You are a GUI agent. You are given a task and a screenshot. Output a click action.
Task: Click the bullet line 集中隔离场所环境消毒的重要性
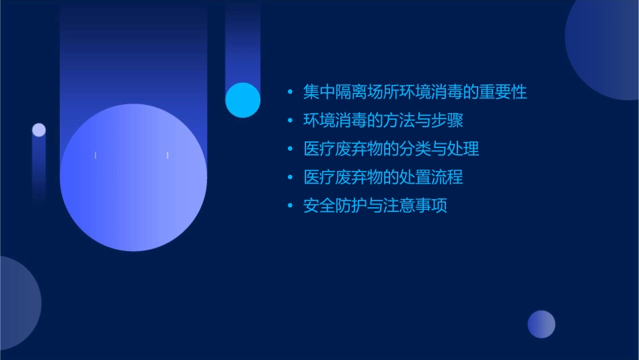point(415,92)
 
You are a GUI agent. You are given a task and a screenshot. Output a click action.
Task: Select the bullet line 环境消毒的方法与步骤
point(383,120)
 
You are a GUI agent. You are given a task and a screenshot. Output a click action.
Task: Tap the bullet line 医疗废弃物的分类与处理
point(391,149)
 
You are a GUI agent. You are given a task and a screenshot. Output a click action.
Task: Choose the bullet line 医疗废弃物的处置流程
point(383,177)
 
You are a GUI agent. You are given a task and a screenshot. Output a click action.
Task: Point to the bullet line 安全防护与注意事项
point(375,205)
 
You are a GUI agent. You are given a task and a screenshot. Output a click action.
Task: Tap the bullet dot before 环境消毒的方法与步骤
point(290,121)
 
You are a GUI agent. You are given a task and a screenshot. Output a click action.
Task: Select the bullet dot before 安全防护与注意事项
point(290,206)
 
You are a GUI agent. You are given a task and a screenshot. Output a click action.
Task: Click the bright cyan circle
point(243,100)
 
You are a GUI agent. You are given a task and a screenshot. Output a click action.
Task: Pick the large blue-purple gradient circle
point(133,178)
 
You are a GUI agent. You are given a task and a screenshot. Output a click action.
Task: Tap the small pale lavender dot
point(39,130)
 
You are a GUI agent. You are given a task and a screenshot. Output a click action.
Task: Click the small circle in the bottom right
point(541,324)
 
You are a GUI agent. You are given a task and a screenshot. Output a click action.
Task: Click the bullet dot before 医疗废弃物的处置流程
point(290,178)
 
